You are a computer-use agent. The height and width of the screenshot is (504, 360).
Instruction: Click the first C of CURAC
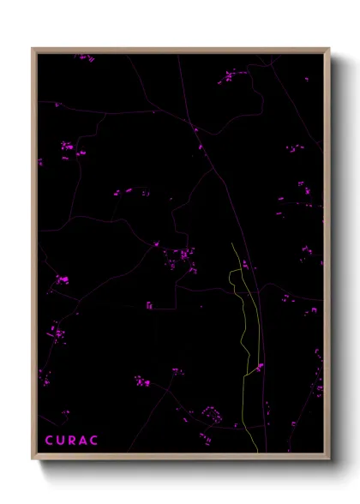(49, 441)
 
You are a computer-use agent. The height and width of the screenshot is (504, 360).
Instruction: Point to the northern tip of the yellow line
(231, 243)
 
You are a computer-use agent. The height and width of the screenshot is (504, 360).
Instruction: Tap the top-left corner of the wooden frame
(33, 49)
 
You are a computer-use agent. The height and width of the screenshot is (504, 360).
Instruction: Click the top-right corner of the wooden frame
(329, 49)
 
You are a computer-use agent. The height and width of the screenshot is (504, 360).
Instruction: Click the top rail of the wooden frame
(180, 50)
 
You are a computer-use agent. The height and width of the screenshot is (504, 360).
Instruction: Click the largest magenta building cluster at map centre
(182, 256)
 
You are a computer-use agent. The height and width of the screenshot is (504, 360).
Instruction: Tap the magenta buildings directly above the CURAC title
(62, 417)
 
